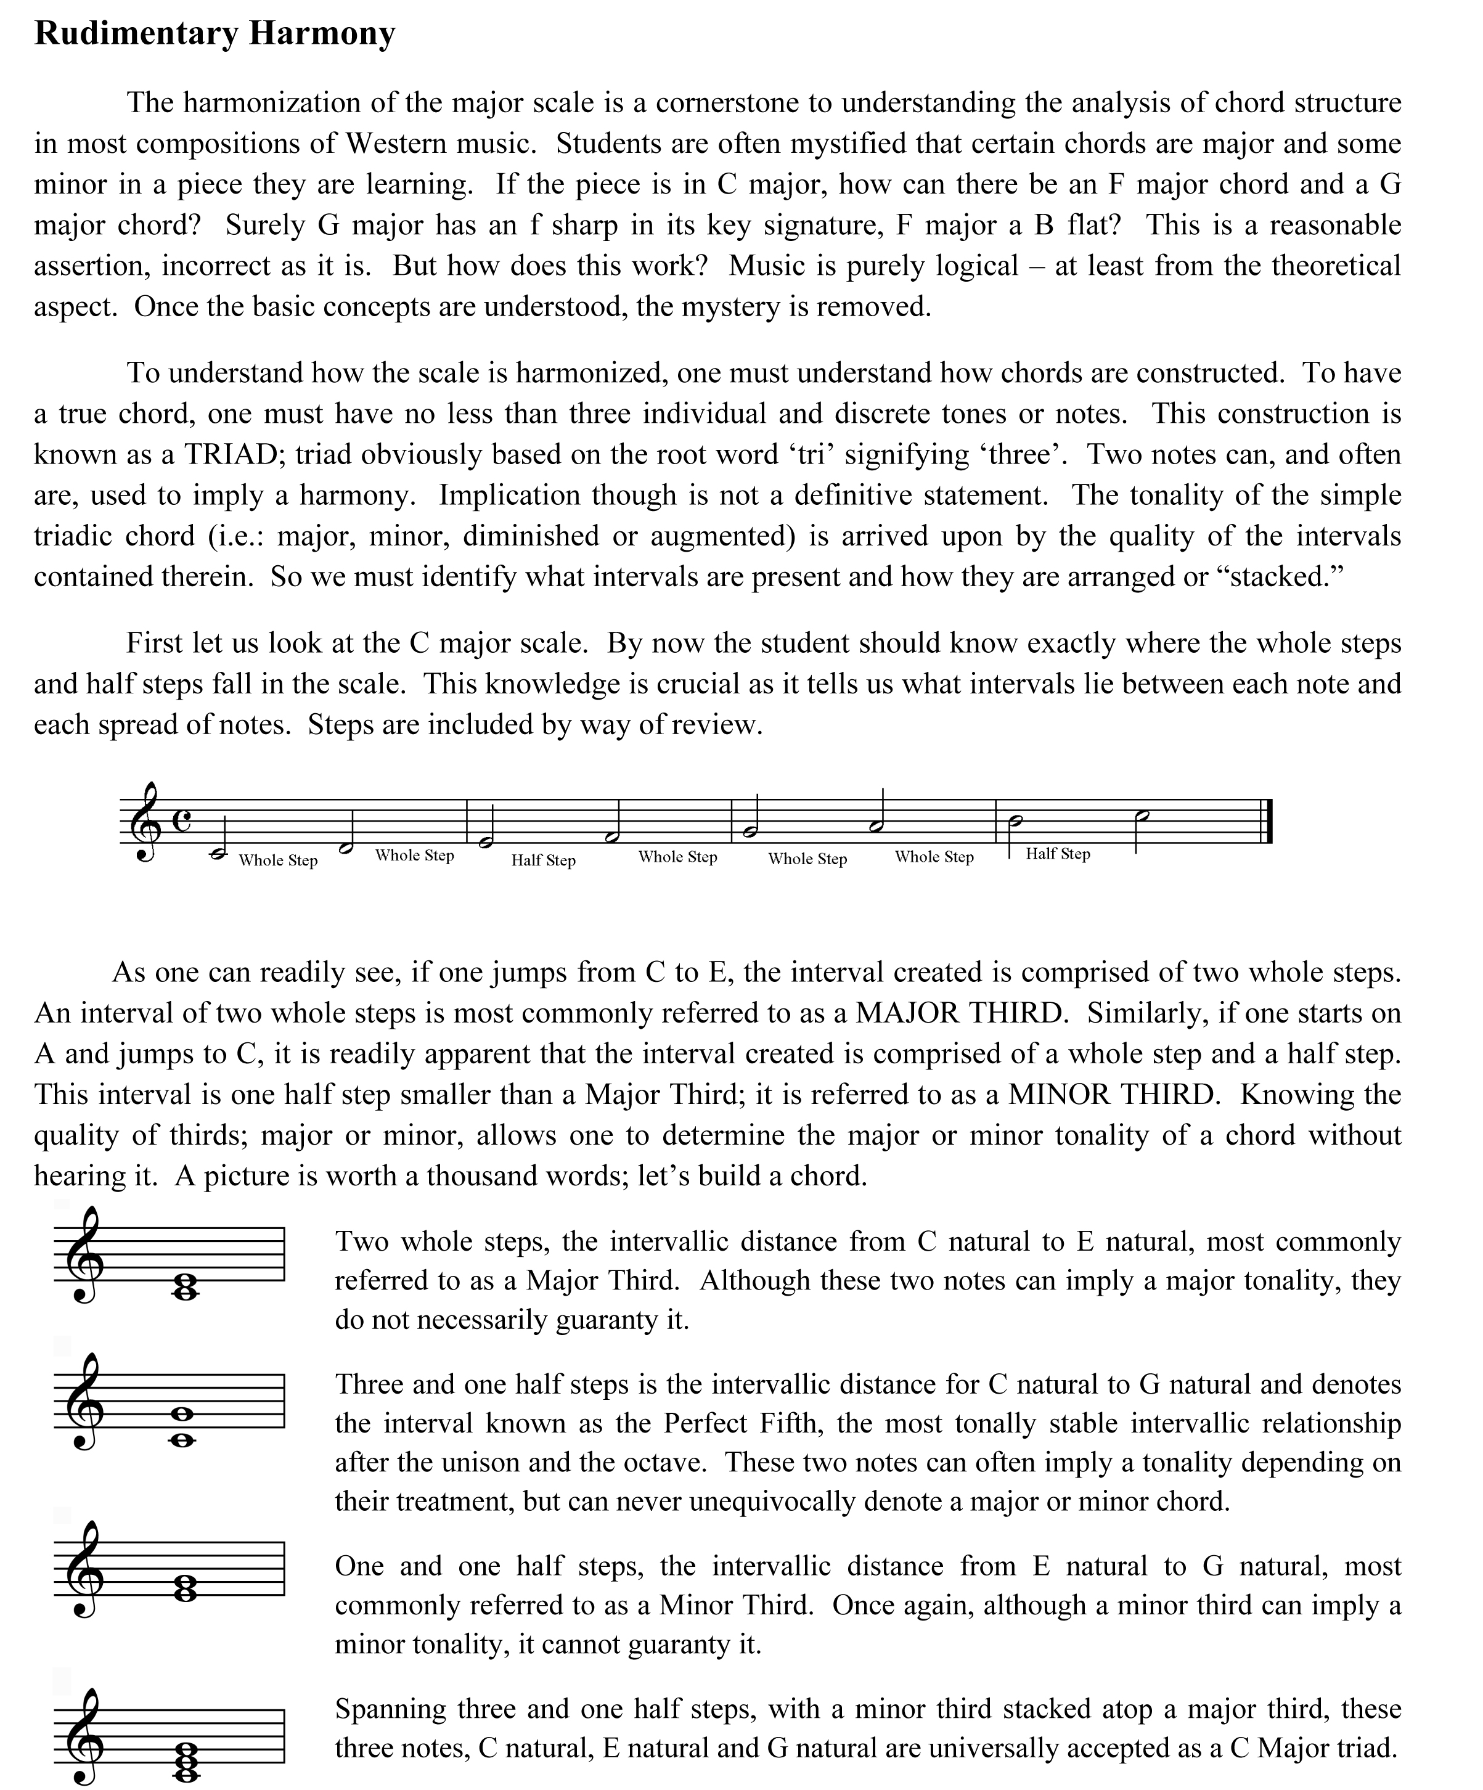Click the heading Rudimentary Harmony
pyautogui.click(x=214, y=34)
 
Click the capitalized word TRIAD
pyautogui.click(x=234, y=454)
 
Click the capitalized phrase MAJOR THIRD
pyautogui.click(x=960, y=1013)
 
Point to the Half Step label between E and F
pyautogui.click(x=543, y=861)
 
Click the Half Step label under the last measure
pyautogui.click(x=1058, y=854)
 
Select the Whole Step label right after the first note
pyautogui.click(x=278, y=861)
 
